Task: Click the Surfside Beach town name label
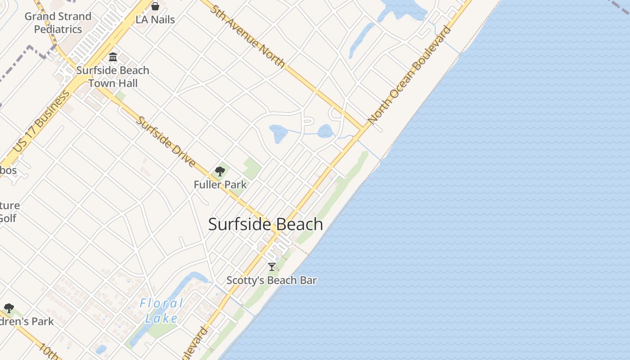pos(265,224)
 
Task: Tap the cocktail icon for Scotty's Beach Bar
pos(271,267)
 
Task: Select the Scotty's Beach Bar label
pos(271,280)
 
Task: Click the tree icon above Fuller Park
pos(220,171)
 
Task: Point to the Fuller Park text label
pos(220,184)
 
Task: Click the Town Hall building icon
pos(113,57)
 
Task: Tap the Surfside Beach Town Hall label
pos(112,76)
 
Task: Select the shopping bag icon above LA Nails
pos(155,6)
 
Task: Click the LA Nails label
pos(155,20)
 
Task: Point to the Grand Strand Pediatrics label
pos(58,22)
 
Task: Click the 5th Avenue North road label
pos(247,36)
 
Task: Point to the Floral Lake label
pos(161,311)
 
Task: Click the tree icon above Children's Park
pos(9,308)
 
